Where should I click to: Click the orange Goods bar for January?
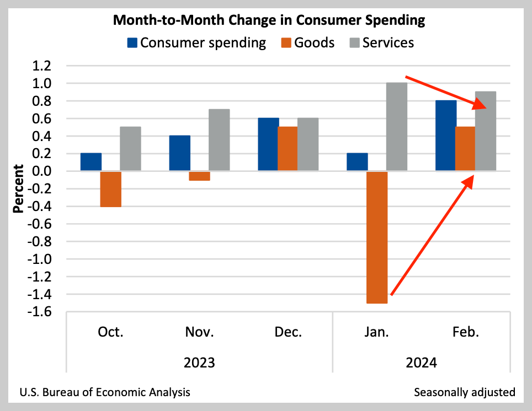[x=377, y=237]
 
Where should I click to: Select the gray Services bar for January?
[x=397, y=127]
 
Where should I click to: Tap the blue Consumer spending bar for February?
[x=446, y=136]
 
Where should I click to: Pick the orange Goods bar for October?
[x=110, y=189]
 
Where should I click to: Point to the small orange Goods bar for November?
[x=199, y=176]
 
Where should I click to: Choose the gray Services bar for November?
[x=219, y=140]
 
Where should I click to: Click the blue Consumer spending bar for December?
[x=268, y=144]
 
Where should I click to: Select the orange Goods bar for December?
[x=288, y=149]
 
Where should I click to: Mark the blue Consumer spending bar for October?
[x=91, y=162]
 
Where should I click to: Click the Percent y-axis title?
[x=19, y=188]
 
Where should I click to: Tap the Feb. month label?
[x=466, y=332]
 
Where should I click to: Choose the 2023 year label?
[x=199, y=364]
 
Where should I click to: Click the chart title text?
[x=269, y=20]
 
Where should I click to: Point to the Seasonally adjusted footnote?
[x=464, y=392]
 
